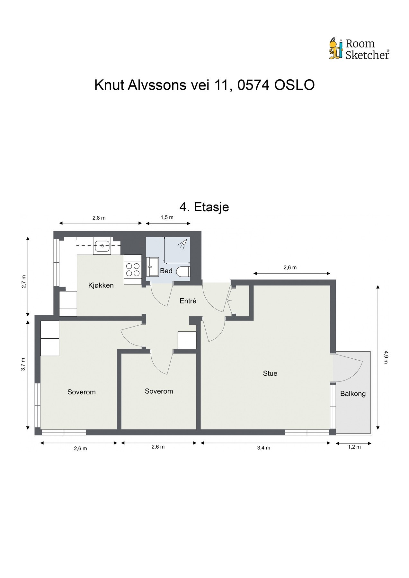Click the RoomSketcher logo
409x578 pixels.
[x=359, y=49]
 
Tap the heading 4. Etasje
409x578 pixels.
[x=204, y=207]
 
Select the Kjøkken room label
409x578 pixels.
[x=101, y=285]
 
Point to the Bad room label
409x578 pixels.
[x=166, y=271]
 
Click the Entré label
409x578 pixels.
[x=188, y=301]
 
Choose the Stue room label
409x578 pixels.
[x=270, y=373]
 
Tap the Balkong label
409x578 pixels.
[x=353, y=393]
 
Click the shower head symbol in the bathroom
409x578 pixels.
[x=182, y=244]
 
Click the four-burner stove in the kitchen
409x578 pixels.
[x=133, y=269]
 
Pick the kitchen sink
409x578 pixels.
[x=102, y=246]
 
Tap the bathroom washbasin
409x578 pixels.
[x=152, y=267]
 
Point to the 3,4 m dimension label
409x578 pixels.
[x=263, y=448]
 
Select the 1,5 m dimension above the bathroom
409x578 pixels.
[x=167, y=217]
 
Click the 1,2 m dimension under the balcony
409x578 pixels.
[x=354, y=447]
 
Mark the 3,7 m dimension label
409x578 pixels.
[x=23, y=364]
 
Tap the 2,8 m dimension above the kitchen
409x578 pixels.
[x=99, y=218]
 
